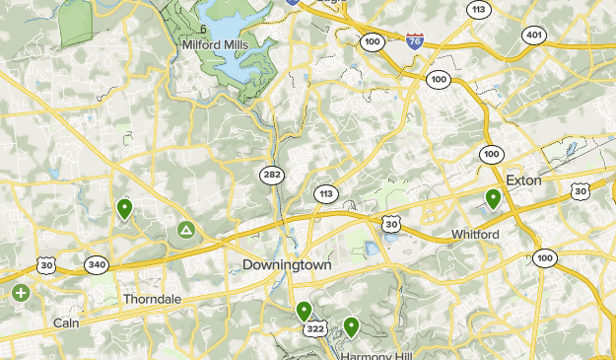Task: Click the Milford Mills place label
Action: [x=216, y=44]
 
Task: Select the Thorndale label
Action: [x=152, y=298]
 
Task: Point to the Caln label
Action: [x=66, y=323]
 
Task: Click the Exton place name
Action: [x=523, y=180]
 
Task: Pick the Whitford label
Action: [x=475, y=234]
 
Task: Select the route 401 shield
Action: [x=534, y=34]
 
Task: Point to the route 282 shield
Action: [x=272, y=175]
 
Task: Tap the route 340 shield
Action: [x=97, y=264]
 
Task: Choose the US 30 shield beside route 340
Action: [x=46, y=264]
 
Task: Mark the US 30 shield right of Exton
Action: [x=581, y=190]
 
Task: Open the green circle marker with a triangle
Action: [x=185, y=231]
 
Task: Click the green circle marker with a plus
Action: [x=21, y=292]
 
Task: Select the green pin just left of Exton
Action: [x=493, y=199]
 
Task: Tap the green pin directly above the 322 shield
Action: [x=304, y=311]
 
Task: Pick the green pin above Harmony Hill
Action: [x=351, y=325]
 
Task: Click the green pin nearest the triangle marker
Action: [x=125, y=208]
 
